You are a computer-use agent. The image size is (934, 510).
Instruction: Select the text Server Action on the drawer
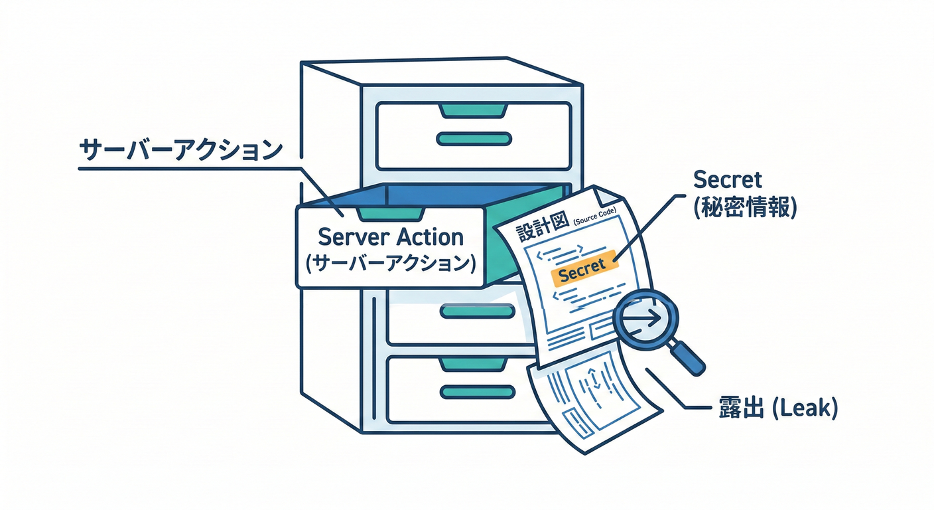click(x=391, y=236)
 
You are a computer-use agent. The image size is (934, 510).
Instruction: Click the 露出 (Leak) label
click(x=777, y=408)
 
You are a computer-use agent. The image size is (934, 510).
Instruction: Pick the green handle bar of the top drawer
click(x=474, y=139)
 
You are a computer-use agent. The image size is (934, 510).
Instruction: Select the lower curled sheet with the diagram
click(x=590, y=398)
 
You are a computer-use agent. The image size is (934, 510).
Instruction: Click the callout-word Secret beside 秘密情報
click(x=727, y=179)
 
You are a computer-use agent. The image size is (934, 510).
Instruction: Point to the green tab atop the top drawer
click(x=474, y=109)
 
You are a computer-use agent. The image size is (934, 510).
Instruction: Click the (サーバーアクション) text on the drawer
click(x=391, y=263)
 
